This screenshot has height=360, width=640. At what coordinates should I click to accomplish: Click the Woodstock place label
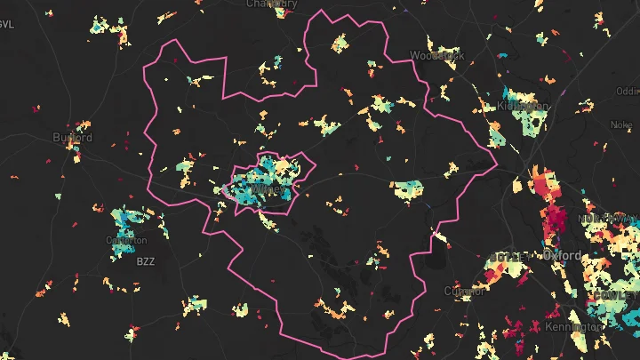click(436, 55)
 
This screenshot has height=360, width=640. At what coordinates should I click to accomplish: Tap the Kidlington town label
click(524, 106)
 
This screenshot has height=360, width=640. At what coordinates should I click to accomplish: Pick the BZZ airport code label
click(145, 261)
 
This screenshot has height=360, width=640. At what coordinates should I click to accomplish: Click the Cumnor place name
click(465, 291)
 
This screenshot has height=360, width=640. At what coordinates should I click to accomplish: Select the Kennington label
click(574, 326)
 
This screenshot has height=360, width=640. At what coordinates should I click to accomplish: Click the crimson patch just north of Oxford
click(552, 218)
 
